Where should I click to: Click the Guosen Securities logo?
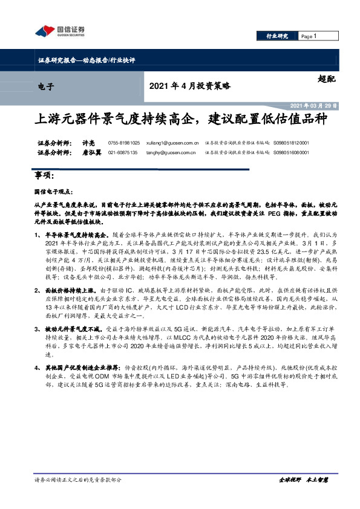(59, 31)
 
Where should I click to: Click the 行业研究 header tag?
(278, 37)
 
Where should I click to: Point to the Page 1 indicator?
(309, 37)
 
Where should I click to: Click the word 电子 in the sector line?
(46, 86)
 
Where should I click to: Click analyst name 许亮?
(88, 143)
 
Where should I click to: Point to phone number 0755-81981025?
(123, 143)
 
